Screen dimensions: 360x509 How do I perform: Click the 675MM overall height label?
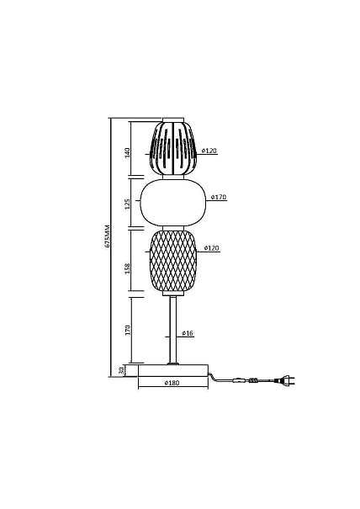tap(108, 236)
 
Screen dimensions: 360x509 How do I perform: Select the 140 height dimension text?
tap(127, 153)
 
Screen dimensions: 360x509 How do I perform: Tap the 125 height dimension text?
tap(127, 204)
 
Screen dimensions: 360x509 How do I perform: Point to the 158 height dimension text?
tap(127, 268)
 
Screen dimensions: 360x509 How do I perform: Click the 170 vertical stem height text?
tap(128, 330)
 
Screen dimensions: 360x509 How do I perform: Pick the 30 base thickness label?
tap(121, 371)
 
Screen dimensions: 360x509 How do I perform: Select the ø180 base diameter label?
tap(172, 383)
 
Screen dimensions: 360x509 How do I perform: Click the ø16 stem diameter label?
tap(188, 333)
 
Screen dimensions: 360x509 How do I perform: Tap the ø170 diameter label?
tap(219, 197)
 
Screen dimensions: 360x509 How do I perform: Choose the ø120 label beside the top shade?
tap(209, 151)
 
